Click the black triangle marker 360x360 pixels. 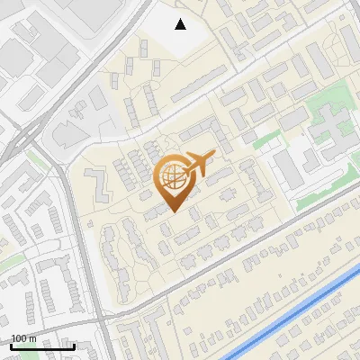pos(181,24)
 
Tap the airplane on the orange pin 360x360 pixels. pos(200,162)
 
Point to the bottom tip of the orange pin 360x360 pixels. pos(172,212)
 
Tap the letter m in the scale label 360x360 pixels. pos(32,338)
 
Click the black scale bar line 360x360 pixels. pos(41,346)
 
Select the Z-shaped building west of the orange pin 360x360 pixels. pos(99,184)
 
